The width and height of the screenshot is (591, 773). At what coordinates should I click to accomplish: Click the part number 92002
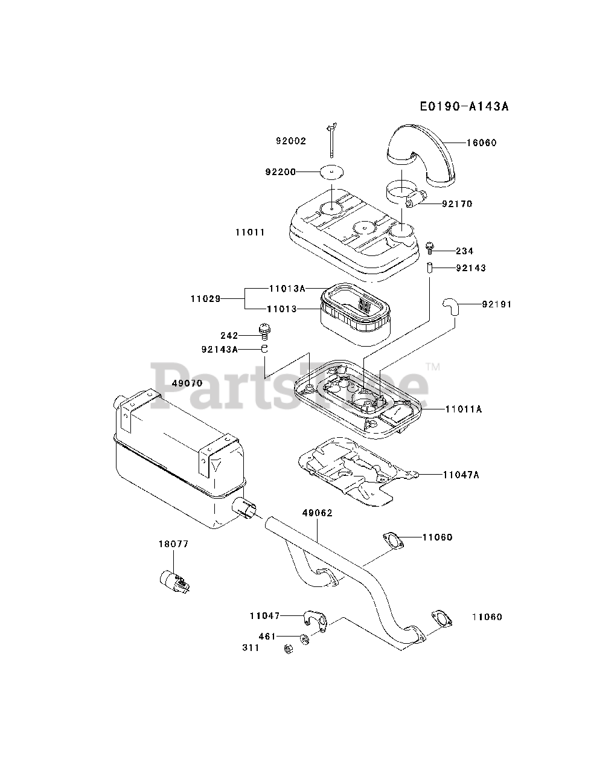click(x=291, y=141)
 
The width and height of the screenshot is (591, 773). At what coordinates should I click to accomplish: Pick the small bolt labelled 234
click(x=430, y=246)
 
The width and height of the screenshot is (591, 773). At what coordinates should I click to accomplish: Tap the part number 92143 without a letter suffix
click(x=471, y=268)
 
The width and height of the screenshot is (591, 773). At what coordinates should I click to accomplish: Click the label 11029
click(x=205, y=298)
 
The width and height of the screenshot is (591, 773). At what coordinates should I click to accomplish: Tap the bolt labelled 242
click(x=264, y=330)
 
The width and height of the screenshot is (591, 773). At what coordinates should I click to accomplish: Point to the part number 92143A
click(x=220, y=348)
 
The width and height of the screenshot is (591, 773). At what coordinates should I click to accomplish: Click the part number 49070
click(x=187, y=383)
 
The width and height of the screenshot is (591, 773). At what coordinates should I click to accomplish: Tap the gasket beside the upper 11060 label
click(x=392, y=540)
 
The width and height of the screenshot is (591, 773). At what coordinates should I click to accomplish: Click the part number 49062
click(x=318, y=513)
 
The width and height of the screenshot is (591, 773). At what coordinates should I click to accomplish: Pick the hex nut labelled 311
click(x=289, y=649)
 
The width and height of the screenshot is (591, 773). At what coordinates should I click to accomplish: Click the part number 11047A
click(x=461, y=475)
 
